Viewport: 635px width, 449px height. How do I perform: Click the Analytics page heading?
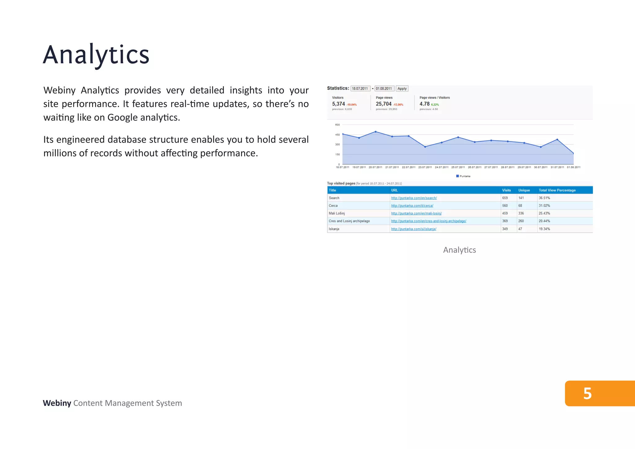click(x=96, y=55)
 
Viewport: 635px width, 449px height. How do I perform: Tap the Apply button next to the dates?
click(x=402, y=89)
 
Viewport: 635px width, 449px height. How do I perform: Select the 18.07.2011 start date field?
click(x=360, y=89)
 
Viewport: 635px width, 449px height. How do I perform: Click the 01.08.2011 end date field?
click(x=384, y=89)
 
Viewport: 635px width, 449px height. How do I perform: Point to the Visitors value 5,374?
click(x=338, y=104)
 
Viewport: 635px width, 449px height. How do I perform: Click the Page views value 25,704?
click(x=384, y=104)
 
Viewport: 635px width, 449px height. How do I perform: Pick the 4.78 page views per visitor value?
click(x=424, y=104)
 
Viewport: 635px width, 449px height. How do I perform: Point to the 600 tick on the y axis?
click(x=337, y=125)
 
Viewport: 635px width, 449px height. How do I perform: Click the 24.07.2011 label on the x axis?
click(x=442, y=167)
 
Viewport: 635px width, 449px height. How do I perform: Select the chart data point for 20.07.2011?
click(x=376, y=132)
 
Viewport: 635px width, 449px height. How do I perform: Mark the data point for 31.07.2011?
click(x=557, y=140)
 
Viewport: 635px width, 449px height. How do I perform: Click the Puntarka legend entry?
click(x=463, y=176)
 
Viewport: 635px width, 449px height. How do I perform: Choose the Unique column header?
click(x=524, y=190)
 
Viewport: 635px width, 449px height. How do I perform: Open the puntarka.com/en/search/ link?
click(x=414, y=198)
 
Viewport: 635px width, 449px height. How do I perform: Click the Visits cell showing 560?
click(x=505, y=206)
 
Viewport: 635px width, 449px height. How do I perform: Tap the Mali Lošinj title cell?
click(x=337, y=214)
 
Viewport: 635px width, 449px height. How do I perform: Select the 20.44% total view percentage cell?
click(x=544, y=221)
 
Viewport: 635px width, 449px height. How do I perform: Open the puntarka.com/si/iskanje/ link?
click(x=414, y=229)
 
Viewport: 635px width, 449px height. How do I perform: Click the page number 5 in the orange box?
click(x=587, y=393)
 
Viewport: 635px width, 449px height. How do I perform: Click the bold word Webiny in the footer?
click(x=57, y=403)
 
